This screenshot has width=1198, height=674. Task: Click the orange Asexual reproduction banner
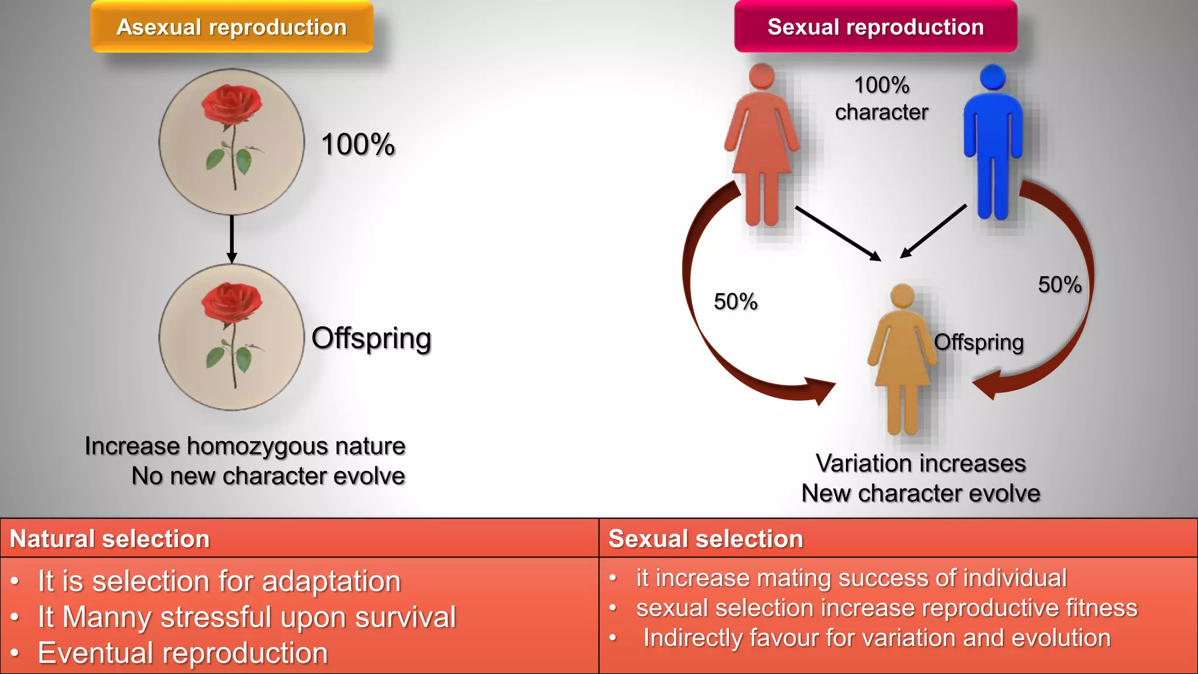click(x=232, y=27)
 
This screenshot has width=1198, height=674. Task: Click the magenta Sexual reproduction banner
click(x=875, y=27)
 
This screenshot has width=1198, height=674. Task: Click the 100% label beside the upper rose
click(x=358, y=145)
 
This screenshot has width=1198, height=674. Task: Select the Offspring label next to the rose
click(x=371, y=339)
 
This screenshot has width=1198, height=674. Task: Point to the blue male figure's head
click(x=993, y=77)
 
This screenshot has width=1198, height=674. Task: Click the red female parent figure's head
click(x=762, y=76)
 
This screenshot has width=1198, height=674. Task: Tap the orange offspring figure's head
click(x=902, y=296)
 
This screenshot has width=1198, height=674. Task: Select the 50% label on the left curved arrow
click(x=735, y=302)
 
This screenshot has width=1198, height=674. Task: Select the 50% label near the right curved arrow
click(x=1059, y=285)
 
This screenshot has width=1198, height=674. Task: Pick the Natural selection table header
click(x=110, y=539)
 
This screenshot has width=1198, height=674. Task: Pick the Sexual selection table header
click(x=705, y=539)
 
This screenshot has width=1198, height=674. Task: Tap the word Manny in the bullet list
click(x=106, y=617)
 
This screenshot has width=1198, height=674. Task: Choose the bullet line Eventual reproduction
click(x=183, y=653)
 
